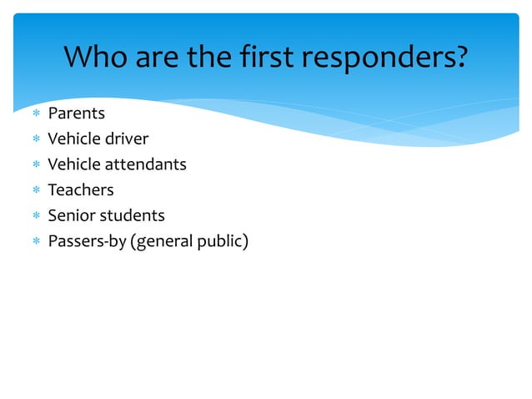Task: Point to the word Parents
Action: point(77,113)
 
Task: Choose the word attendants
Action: point(144,164)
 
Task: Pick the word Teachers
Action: point(81,190)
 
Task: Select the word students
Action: point(133,216)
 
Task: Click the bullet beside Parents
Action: point(34,114)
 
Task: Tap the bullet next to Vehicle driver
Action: point(34,139)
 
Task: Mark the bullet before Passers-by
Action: point(34,243)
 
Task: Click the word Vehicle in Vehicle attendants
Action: point(73,164)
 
